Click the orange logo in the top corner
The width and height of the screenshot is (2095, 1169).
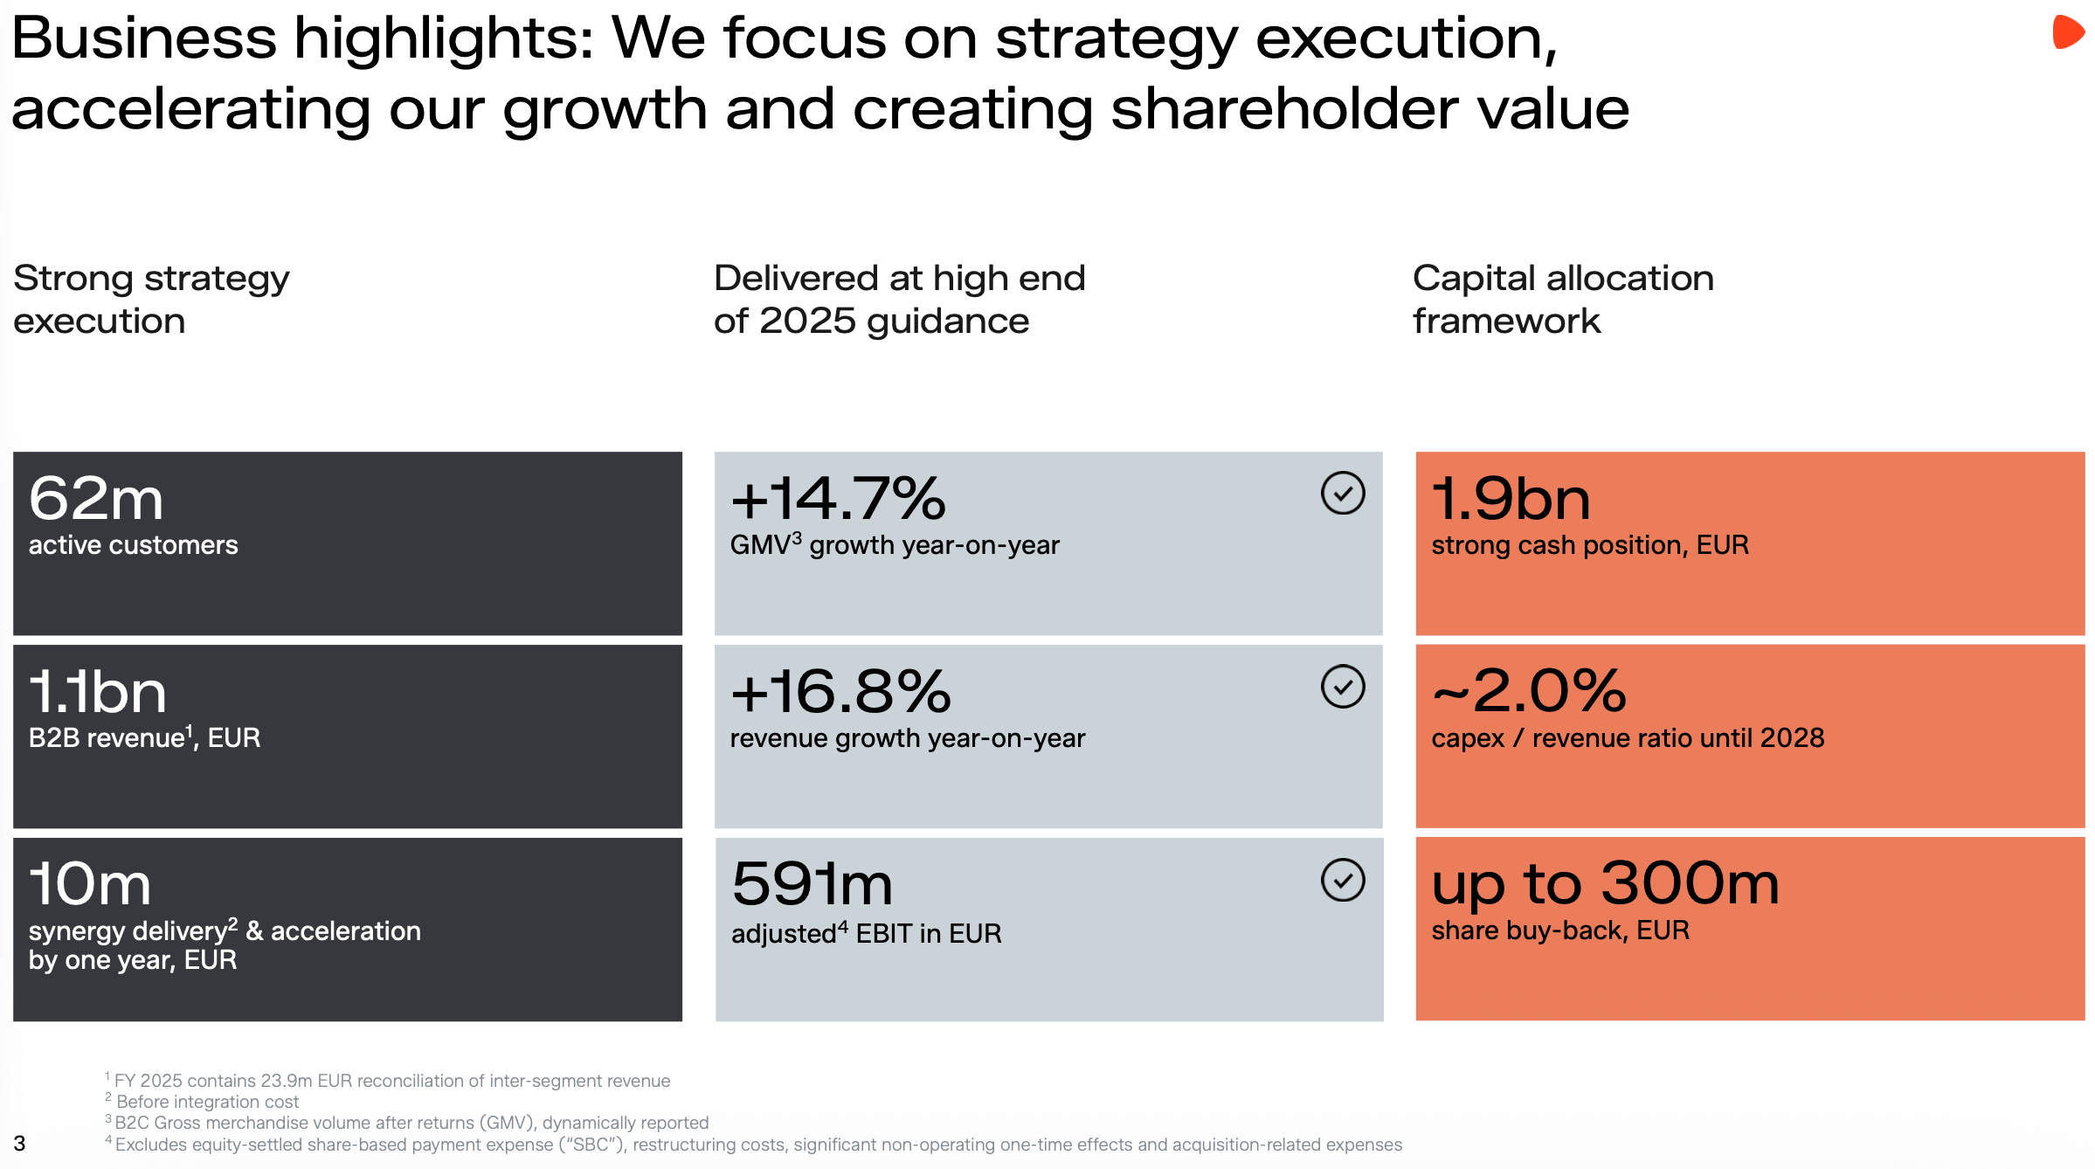(x=2068, y=32)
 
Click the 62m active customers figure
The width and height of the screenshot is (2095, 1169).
(x=96, y=499)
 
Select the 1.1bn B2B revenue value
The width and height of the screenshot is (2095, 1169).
(x=97, y=692)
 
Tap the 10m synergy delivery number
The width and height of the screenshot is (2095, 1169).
(x=90, y=884)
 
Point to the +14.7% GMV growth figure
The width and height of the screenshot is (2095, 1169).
(x=838, y=499)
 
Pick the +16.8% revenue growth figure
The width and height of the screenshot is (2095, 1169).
(x=840, y=692)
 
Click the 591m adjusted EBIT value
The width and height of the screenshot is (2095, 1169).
(x=812, y=884)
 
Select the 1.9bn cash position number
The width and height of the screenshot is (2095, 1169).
(x=1511, y=499)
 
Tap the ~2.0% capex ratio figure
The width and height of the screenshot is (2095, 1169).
(x=1529, y=692)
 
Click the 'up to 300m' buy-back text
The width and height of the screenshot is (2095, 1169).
(x=1605, y=884)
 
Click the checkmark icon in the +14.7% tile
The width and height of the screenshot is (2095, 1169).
(x=1343, y=494)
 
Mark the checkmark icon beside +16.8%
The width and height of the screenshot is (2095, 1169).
(x=1343, y=687)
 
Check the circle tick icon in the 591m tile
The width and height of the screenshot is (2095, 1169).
(x=1343, y=880)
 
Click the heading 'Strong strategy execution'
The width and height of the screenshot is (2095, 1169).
(x=151, y=300)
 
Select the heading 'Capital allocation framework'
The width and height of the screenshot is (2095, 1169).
(x=1563, y=300)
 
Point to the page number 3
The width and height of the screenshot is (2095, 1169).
(x=19, y=1144)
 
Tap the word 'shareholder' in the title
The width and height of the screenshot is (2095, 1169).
(x=1284, y=109)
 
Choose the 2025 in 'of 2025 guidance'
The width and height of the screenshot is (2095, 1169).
(x=807, y=322)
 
